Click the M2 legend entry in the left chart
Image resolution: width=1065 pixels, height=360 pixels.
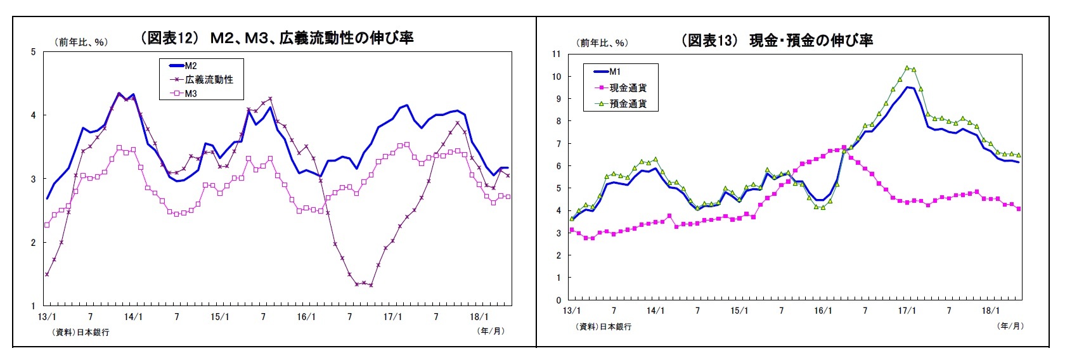[190, 66]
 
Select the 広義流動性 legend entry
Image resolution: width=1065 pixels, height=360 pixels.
[209, 80]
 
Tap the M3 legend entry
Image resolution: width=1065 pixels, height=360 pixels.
[190, 94]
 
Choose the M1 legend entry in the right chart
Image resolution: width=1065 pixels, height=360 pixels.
[614, 72]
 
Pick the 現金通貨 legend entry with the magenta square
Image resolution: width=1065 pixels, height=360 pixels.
[628, 88]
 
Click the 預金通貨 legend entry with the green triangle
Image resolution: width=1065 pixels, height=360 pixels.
[628, 104]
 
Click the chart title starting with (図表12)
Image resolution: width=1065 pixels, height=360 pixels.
[277, 38]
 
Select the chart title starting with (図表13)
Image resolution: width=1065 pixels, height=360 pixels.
[777, 41]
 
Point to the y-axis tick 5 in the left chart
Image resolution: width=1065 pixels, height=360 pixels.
[34, 52]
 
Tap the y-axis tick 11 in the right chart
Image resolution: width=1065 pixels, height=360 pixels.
[557, 54]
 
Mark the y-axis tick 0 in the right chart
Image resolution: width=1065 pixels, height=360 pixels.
[558, 300]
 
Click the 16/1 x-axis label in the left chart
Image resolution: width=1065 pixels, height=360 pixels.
[306, 317]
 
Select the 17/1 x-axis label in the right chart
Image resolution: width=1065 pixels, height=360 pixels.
[907, 311]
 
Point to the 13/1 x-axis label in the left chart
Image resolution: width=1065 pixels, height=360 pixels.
[47, 317]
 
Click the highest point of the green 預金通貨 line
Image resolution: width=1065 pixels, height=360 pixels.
[907, 68]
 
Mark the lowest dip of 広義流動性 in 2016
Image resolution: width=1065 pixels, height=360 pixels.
[371, 285]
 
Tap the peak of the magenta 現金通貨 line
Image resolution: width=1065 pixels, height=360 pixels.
[844, 148]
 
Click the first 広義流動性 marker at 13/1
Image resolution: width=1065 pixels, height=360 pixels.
[47, 274]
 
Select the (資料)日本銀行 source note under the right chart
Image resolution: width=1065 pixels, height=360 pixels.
[603, 326]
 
